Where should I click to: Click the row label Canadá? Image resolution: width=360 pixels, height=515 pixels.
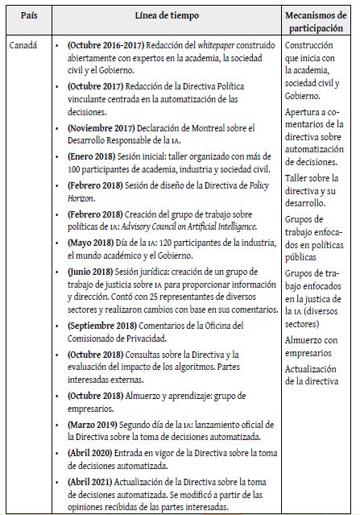[x=23, y=46]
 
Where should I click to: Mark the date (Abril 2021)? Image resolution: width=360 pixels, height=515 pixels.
[x=91, y=481]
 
